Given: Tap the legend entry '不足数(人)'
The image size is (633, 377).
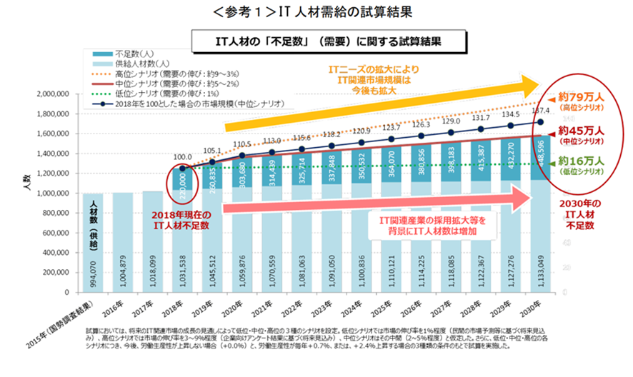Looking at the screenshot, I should [130, 54].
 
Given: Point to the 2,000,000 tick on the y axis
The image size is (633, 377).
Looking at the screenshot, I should [51, 94].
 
